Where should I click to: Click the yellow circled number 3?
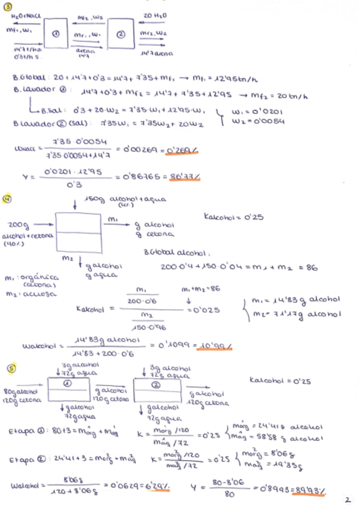point(8,5)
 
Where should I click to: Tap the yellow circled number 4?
point(8,197)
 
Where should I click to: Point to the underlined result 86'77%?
point(184,177)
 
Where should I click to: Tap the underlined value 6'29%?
point(156,485)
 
